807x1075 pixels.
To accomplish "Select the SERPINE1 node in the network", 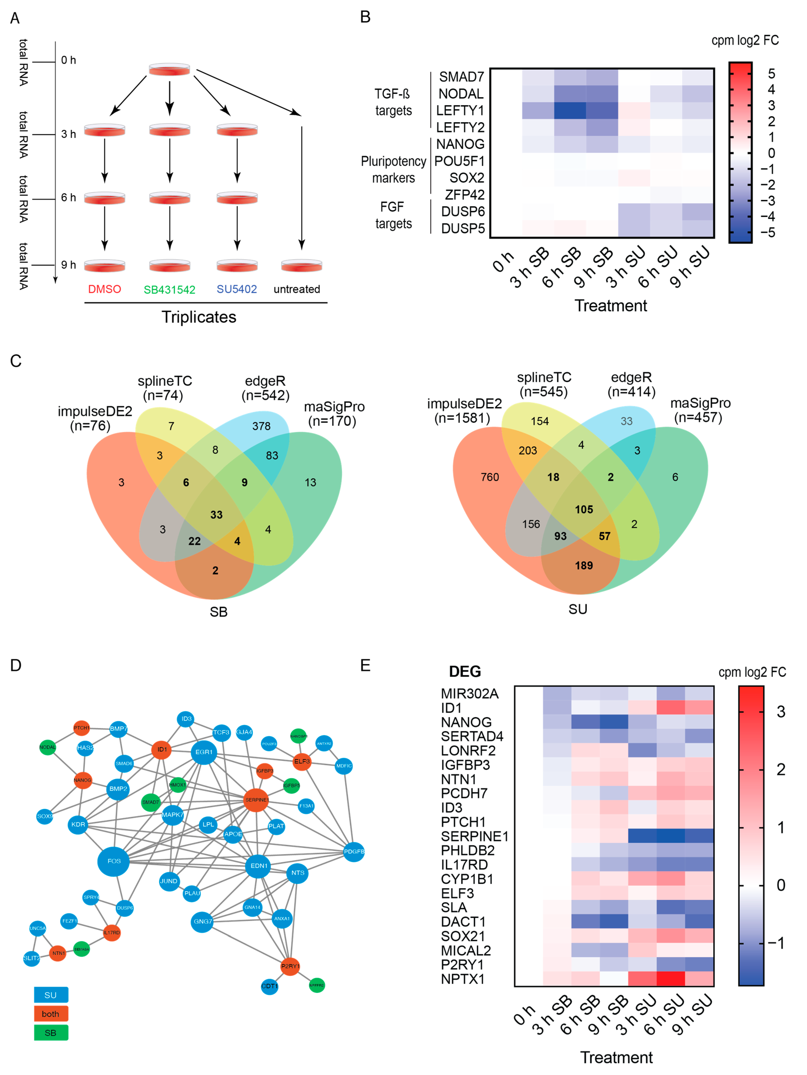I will (256, 799).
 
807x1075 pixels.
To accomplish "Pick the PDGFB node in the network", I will (354, 851).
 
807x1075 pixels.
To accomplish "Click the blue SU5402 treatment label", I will (237, 289).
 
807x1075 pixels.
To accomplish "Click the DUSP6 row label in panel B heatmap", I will (462, 211).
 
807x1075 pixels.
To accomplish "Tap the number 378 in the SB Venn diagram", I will (261, 426).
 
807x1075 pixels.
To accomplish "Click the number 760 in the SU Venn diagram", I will (490, 477).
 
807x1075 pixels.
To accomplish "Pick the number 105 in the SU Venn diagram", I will (584, 509).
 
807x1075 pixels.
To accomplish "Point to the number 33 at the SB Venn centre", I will (216, 515).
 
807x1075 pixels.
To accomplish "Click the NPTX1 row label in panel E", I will (462, 979).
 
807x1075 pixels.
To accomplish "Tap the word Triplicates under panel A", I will (199, 317).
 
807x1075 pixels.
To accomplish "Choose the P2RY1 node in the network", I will (290, 966).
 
